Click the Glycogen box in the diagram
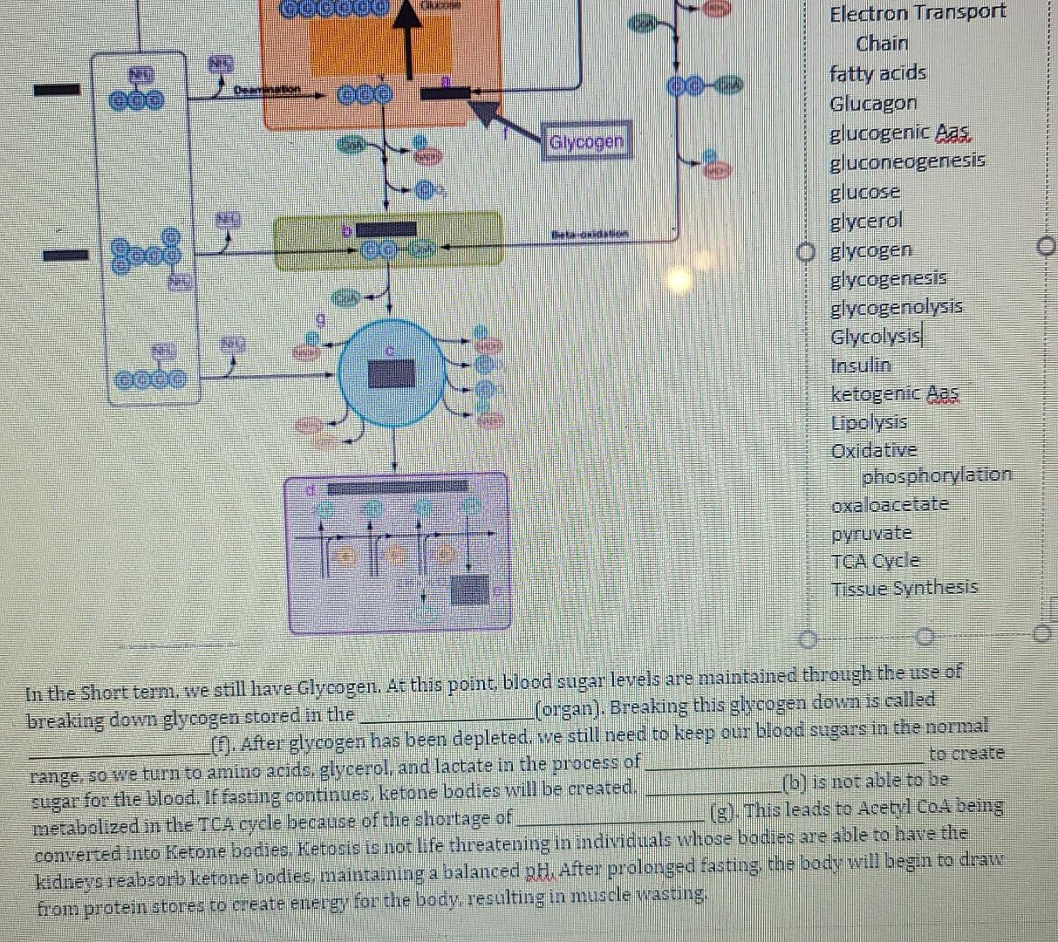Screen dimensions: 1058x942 [588, 141]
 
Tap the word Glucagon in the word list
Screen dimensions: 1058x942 [873, 104]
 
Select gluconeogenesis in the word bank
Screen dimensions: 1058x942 [907, 161]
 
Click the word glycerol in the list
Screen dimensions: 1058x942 [866, 222]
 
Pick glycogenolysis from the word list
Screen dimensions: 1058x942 [897, 307]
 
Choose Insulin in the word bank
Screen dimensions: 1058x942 [861, 365]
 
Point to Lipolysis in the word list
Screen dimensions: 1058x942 [869, 423]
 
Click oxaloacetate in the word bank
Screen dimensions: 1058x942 [890, 505]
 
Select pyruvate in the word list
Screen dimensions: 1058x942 [871, 533]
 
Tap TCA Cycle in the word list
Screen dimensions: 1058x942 [875, 561]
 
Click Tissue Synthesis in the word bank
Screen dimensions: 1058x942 [904, 588]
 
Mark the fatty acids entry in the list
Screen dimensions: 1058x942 [877, 74]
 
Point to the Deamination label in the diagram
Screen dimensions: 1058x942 [266, 90]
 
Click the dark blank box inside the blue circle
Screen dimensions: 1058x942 [392, 373]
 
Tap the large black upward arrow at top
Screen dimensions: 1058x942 [405, 35]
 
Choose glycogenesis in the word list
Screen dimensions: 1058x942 [888, 279]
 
